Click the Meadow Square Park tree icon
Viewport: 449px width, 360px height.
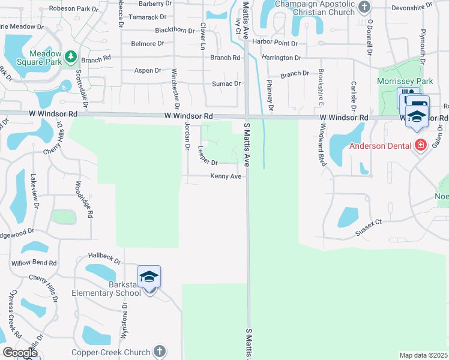point(71,56)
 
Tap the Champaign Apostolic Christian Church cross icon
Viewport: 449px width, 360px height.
point(364,8)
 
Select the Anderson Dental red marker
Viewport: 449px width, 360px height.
point(421,145)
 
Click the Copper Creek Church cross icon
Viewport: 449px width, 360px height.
point(159,352)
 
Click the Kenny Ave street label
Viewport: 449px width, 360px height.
point(225,176)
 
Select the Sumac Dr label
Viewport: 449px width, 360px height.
point(226,84)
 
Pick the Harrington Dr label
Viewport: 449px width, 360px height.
point(281,58)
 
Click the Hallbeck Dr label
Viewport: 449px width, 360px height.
point(104,257)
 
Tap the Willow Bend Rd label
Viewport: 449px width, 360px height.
point(34,263)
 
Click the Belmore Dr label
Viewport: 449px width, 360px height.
point(148,44)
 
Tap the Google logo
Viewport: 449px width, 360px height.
point(19,353)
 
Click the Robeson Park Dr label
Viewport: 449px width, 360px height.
point(74,9)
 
